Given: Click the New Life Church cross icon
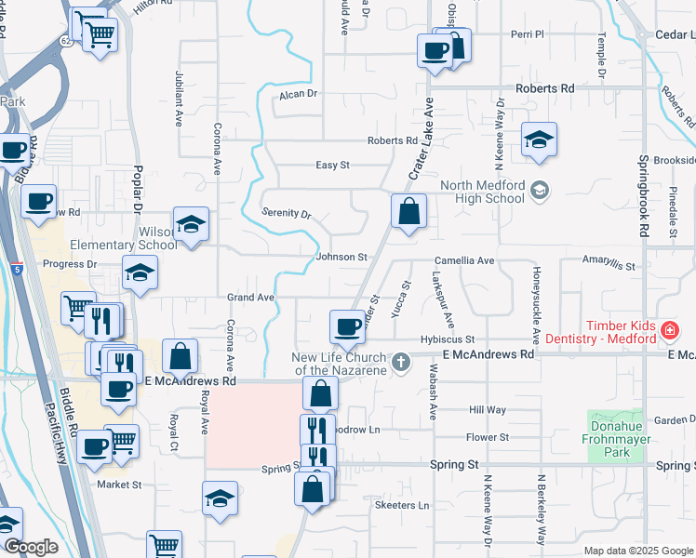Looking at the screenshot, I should (401, 363).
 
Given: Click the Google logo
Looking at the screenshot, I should (31, 547).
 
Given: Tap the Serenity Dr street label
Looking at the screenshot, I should (286, 213).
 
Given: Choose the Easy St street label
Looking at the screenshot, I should (332, 165).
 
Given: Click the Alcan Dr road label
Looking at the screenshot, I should (299, 94).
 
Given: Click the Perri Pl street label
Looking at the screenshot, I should (527, 34).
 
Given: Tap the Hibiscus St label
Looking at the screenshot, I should (448, 339).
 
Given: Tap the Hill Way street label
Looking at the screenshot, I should (488, 409).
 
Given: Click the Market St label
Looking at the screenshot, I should (119, 485).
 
